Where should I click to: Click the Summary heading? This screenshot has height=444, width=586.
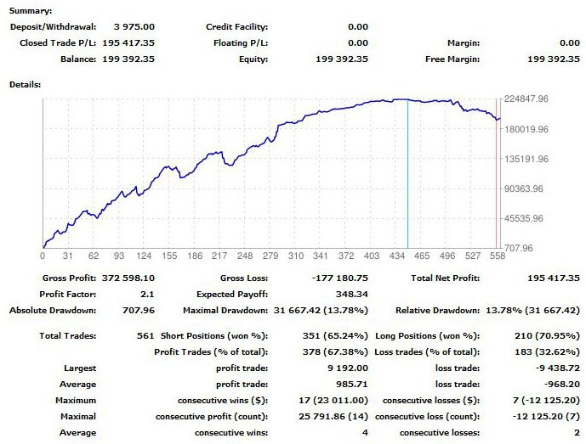30,11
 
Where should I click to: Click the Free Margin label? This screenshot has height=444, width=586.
452,59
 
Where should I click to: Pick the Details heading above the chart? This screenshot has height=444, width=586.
25,85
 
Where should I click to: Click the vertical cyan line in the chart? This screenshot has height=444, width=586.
407,170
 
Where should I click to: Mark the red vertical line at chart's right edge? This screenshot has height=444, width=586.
496,170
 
